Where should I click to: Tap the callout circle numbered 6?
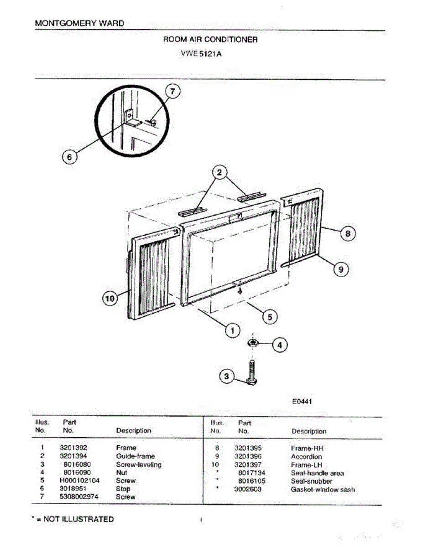pyautogui.click(x=69, y=157)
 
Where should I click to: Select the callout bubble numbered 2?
pyautogui.click(x=219, y=172)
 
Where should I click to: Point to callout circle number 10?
pyautogui.click(x=109, y=299)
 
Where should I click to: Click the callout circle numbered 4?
pyautogui.click(x=280, y=346)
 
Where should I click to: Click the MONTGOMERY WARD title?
pyautogui.click(x=79, y=23)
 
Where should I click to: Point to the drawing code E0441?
pyautogui.click(x=302, y=402)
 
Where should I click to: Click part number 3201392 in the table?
pyautogui.click(x=73, y=448)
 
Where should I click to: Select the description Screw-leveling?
pyautogui.click(x=139, y=464)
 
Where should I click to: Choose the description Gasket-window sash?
pyautogui.click(x=323, y=490)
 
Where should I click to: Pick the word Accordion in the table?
pyautogui.click(x=306, y=456)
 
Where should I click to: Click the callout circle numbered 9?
pyautogui.click(x=340, y=270)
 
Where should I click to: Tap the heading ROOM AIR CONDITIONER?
pyautogui.click(x=210, y=40)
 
